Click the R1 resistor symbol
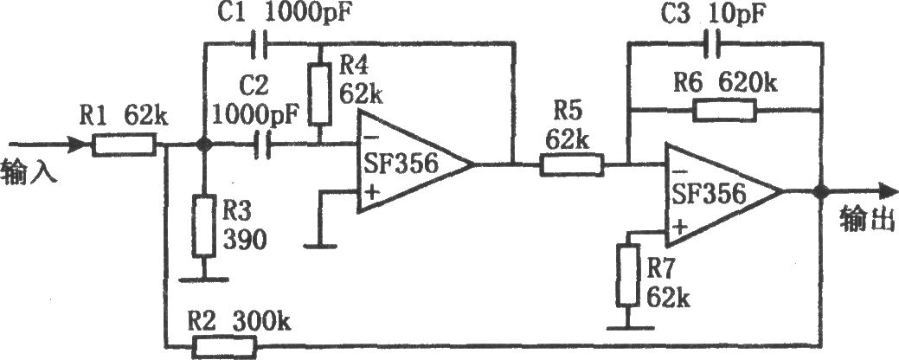(124, 145)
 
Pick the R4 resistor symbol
(320, 94)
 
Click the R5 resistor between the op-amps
(571, 165)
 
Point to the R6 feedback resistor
(725, 110)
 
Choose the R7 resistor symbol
(629, 274)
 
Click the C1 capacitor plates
(260, 42)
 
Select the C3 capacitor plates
(713, 42)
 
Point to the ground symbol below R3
(202, 280)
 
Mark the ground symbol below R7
(630, 328)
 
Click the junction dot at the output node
(820, 192)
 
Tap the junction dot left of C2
(202, 145)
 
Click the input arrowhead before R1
(80, 145)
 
